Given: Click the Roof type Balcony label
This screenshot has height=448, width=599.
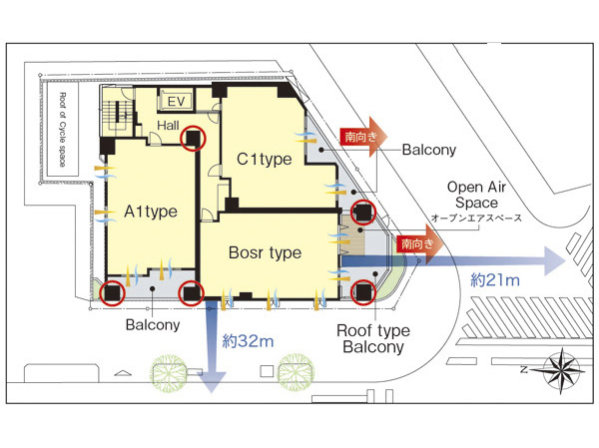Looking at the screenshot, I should pos(373,338).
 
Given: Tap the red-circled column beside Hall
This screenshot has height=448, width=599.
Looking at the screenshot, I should pos(197,139).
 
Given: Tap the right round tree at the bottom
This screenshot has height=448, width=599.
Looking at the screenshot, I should pos(294,373).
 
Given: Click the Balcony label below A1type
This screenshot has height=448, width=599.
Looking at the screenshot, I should pos(153,324).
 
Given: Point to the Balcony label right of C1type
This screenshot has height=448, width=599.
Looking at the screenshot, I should pos(429,151).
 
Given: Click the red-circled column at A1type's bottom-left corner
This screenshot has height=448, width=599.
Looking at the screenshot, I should pos(111,292).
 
